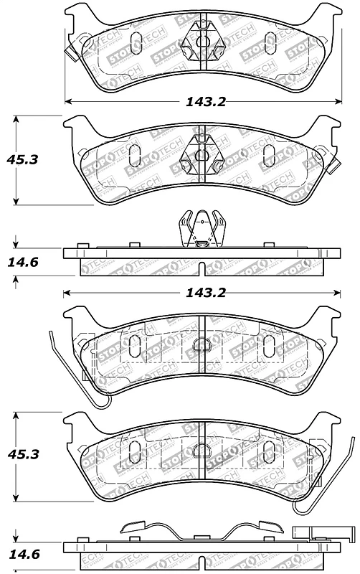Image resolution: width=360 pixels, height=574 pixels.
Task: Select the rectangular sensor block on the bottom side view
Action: pyautogui.click(x=323, y=534)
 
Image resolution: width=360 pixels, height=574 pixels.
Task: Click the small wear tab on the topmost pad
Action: pyautogui.click(x=69, y=54)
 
